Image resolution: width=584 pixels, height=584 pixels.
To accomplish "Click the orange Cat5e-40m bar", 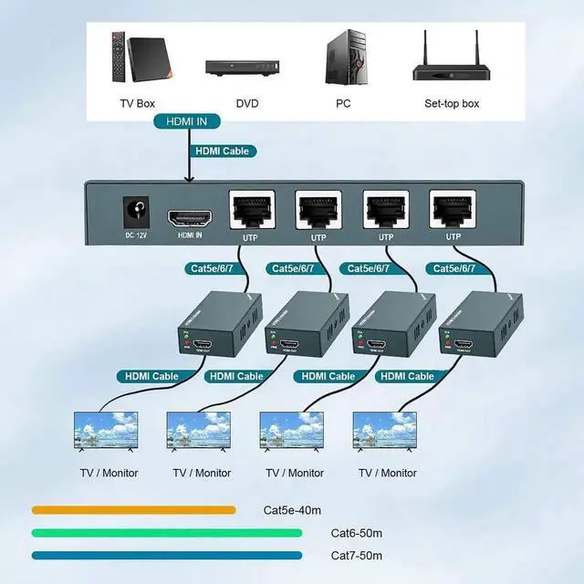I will point(133,510).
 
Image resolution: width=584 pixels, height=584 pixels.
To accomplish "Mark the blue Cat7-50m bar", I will point(167,555).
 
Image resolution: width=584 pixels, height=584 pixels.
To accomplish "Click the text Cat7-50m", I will point(356,556).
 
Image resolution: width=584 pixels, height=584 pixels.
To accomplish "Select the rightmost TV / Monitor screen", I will point(384,431).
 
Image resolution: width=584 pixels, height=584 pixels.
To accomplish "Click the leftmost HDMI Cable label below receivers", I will point(146,376).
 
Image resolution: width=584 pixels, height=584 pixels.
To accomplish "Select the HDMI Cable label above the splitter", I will point(220,151).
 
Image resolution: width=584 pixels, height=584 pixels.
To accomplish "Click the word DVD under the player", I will point(246,104).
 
